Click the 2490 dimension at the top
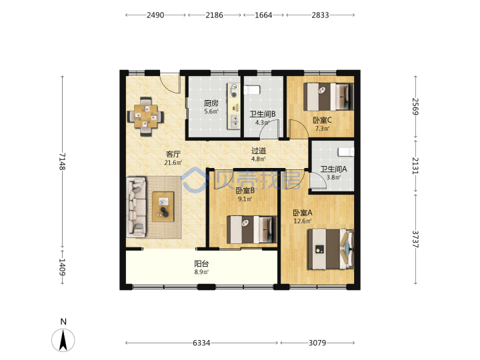pos(155,15)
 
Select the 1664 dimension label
pos(263,15)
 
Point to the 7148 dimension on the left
pos(62,161)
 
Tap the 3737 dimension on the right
pos(415,239)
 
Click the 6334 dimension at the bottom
pos(201,343)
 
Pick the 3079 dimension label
pos(317,343)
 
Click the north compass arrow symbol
pos(63,340)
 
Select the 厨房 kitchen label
pos(211,103)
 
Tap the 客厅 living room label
pos(173,154)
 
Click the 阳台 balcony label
pos(201,263)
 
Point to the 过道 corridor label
pos(259,151)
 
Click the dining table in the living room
pos(146,116)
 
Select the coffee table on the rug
pos(163,207)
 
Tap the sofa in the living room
pos(136,207)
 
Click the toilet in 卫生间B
pos(251,90)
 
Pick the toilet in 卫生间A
pos(346,152)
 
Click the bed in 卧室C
pos(329,97)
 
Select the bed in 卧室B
pos(251,229)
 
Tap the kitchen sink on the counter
pos(234,121)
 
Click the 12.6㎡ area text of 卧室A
pos(303,221)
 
